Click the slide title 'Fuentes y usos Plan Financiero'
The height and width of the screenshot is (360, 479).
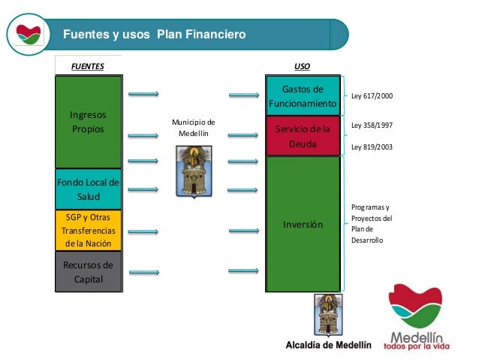coord(153,35)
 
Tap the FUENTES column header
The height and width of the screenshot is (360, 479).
coord(88,66)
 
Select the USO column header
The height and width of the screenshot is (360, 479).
coord(303,66)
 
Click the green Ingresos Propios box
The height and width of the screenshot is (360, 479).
coord(88,122)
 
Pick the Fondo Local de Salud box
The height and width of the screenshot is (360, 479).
coord(88,189)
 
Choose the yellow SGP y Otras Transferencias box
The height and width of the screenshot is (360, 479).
coord(88,230)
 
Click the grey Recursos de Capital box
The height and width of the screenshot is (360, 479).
coord(88,272)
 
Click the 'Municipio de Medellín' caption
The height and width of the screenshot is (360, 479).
coord(193,128)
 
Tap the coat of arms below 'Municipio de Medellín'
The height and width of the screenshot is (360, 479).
coord(193,171)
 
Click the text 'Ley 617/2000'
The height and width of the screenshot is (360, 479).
coord(372,97)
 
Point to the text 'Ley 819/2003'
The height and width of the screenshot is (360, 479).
coord(372,147)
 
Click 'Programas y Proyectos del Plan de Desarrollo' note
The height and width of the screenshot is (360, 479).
coord(370,223)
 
